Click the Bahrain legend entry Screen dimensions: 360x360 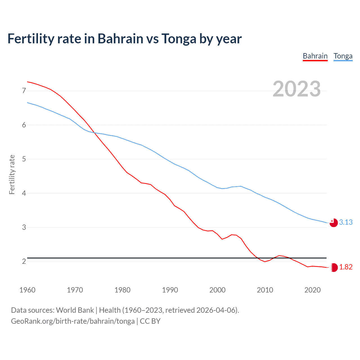coord(315,56)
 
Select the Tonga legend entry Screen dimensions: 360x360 coord(343,56)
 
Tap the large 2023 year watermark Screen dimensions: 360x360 coord(296,89)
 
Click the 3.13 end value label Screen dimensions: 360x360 coord(346,222)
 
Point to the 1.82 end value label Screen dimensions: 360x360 coord(346,267)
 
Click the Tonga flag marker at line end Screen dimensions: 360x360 coord(334,223)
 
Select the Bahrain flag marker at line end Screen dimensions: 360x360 coord(334,267)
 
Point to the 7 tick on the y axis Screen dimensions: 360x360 coord(24,91)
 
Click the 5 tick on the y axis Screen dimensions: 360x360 coord(24,159)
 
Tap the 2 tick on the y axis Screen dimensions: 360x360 coord(24,262)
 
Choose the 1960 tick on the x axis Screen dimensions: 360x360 coord(27,290)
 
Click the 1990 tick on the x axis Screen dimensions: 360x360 coord(170,290)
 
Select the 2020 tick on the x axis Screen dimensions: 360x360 coord(312,290)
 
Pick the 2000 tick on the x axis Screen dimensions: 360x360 coord(217,290)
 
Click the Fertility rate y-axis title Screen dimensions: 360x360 coord(12,174)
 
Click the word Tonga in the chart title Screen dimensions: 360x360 coord(179,39)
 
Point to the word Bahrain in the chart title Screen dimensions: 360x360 coord(120,39)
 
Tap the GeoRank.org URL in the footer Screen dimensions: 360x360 coord(73,321)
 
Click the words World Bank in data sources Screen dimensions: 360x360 coord(75,310)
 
